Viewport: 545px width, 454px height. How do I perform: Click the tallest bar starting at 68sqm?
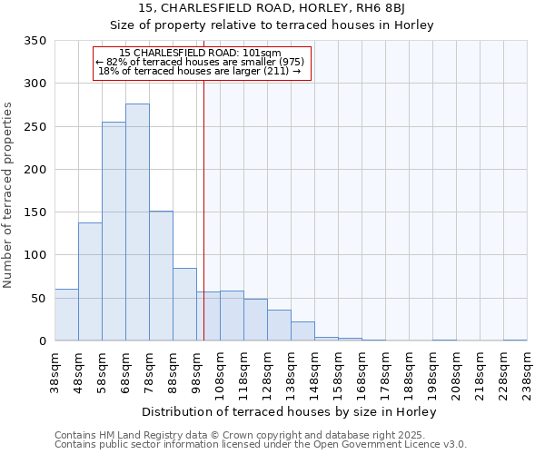137,222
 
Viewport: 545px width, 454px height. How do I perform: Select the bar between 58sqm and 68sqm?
114,232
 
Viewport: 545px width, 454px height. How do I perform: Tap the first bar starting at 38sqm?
66,315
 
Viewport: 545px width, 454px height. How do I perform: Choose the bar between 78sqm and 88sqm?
161,276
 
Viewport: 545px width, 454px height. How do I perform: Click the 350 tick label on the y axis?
35,41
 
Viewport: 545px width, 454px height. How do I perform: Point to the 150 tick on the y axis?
35,212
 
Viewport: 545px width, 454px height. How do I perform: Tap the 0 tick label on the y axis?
42,341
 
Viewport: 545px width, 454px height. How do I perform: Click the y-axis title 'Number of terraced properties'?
8,194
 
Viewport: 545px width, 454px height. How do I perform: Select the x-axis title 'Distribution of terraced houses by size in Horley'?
290,411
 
